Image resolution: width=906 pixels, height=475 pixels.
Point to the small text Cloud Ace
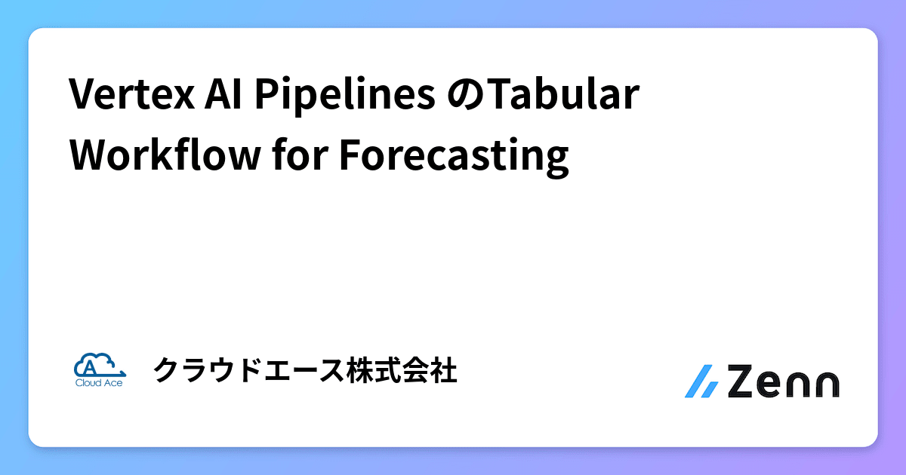(x=99, y=382)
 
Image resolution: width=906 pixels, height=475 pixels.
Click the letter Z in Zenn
(x=744, y=382)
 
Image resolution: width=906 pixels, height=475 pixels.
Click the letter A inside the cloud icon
(x=90, y=367)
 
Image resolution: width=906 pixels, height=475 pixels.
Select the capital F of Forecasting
(x=349, y=157)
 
